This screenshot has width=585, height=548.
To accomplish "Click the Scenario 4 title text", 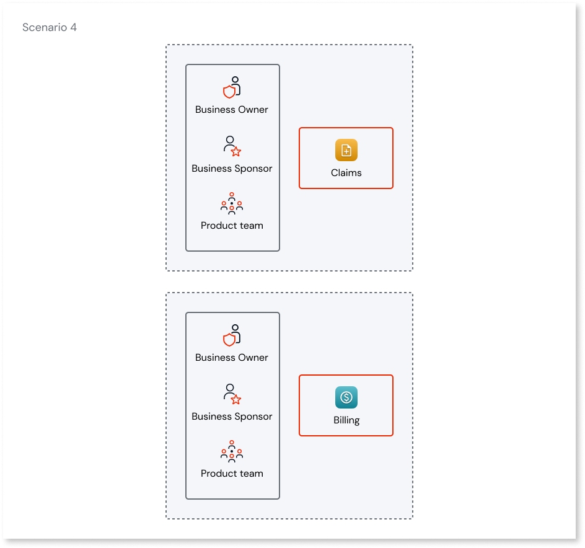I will coord(50,27).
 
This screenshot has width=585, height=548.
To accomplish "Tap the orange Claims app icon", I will coord(346,151).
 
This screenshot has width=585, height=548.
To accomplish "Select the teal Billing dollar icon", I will coord(346,397).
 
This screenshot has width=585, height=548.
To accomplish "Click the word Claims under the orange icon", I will coord(346,173).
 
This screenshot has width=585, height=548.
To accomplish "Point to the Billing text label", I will coord(346,420).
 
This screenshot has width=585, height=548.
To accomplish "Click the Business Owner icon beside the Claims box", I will coord(232,87).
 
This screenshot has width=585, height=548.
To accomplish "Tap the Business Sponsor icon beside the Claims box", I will coord(232,146).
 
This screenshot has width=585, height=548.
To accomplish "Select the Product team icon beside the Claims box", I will coord(232,203).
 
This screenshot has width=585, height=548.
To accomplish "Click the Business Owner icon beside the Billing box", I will coord(232,335).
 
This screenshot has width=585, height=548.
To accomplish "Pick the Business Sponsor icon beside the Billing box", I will coord(232,394).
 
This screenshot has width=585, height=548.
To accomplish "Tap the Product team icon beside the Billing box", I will coord(232,451).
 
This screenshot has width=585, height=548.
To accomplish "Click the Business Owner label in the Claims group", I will coord(232,110).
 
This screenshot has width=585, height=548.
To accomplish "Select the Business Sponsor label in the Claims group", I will coord(232,169).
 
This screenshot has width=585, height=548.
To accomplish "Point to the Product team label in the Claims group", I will coord(232,226).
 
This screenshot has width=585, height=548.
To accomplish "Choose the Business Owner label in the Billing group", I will coord(232,358).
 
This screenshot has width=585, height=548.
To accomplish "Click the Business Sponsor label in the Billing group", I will coord(232,417).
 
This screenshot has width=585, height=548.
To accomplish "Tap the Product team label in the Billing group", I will coord(232,474).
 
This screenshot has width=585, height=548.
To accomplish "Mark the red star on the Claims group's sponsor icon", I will coord(236,152).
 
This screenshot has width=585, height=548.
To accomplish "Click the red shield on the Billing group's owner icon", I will coord(229,340).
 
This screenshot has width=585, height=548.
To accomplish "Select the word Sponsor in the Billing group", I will coord(252,417).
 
